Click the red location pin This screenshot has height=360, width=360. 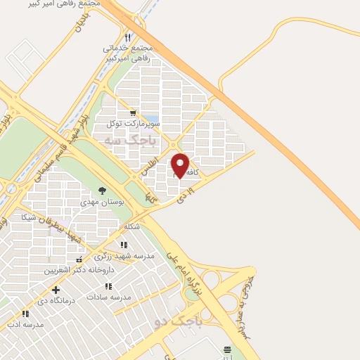pos(180,165)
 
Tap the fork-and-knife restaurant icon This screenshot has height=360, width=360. pos(127,37)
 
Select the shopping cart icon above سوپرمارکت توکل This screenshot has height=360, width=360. pos(133,112)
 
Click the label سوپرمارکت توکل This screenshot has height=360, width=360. pos(133,124)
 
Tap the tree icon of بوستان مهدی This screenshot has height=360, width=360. pos(103,191)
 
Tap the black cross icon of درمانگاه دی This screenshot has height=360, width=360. pos(56,290)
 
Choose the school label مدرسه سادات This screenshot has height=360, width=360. pos(109,297)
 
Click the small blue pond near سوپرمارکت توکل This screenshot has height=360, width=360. pos(150,120)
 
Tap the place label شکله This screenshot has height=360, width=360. pos(131,226)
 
